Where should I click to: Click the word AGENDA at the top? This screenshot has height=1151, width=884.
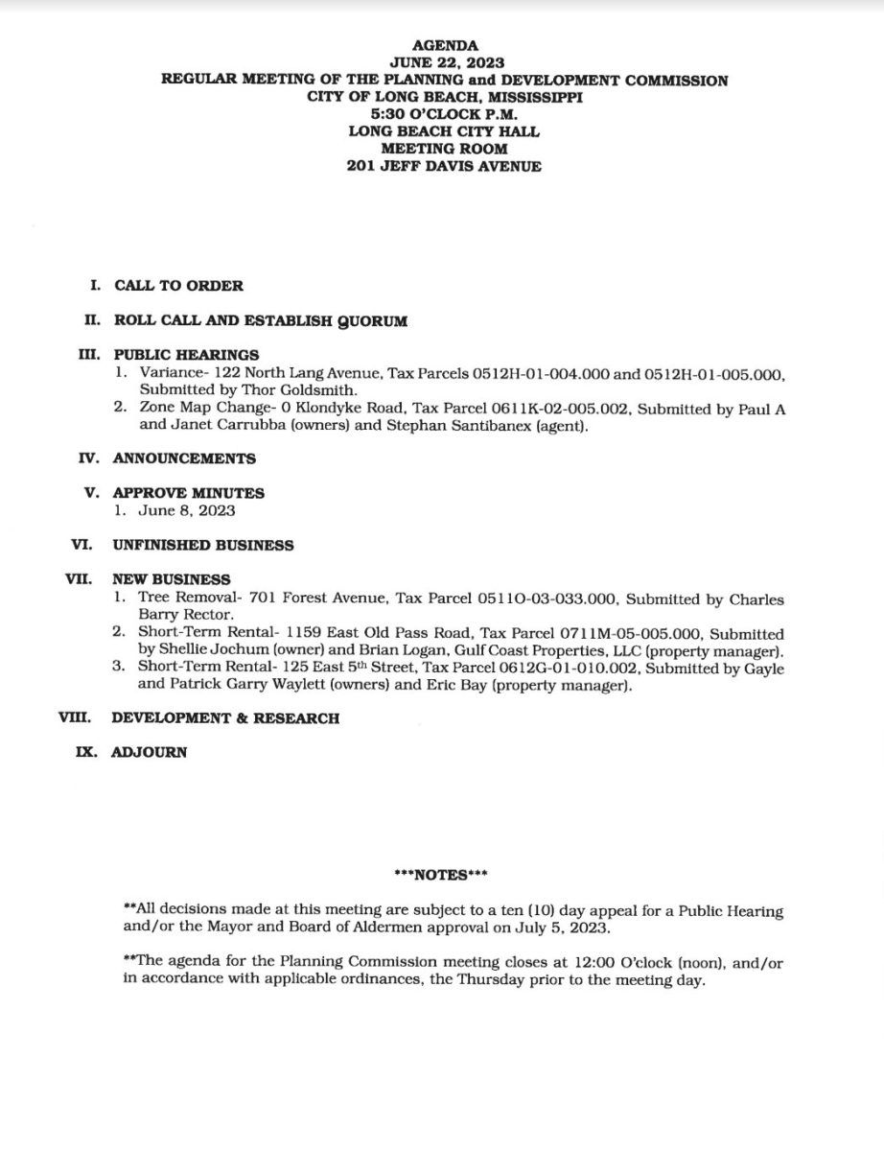[442, 45]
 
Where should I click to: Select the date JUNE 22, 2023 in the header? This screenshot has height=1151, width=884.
[442, 63]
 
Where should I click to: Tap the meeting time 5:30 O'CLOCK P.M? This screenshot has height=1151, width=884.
[442, 114]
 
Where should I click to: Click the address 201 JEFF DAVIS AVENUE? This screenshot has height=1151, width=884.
[442, 166]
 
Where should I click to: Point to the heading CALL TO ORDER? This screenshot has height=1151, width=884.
[178, 285]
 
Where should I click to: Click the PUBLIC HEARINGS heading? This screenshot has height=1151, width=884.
[186, 355]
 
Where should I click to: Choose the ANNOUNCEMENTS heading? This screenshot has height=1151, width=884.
[184, 458]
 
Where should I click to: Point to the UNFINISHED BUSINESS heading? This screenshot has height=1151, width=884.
[202, 545]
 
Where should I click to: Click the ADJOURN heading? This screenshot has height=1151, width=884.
[150, 753]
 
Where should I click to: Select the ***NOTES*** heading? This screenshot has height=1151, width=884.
[442, 875]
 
